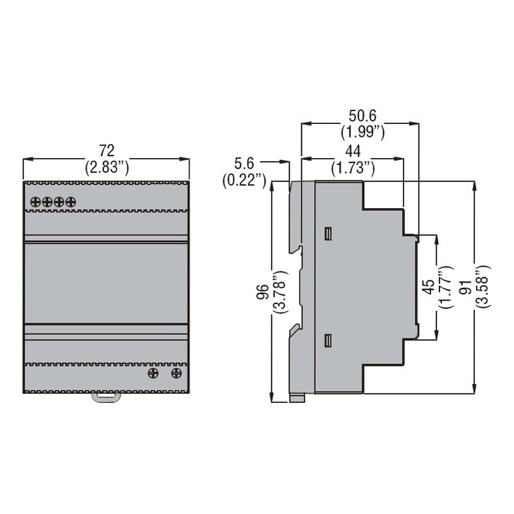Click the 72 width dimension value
[107, 150]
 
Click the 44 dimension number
[352, 151]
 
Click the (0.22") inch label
[245, 181]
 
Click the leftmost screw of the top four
[36, 202]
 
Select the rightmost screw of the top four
[70, 202]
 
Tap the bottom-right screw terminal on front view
[176, 373]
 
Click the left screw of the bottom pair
[154, 373]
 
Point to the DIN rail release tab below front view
[106, 397]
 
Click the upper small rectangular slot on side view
[328, 233]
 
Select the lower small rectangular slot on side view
[328, 340]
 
